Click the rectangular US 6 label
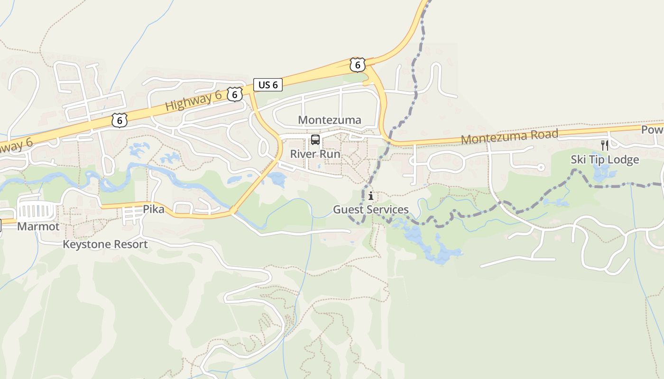click(268, 85)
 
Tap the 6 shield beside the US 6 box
click(234, 94)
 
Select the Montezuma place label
click(329, 120)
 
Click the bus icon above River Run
click(315, 140)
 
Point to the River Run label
click(315, 154)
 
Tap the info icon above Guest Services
click(371, 195)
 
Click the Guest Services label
click(370, 209)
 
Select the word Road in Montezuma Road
click(541, 135)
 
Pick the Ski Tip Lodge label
click(604, 160)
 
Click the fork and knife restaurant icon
click(604, 145)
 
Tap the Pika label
click(154, 209)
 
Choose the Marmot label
click(38, 226)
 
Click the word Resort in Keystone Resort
click(128, 244)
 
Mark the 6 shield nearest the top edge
click(357, 65)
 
